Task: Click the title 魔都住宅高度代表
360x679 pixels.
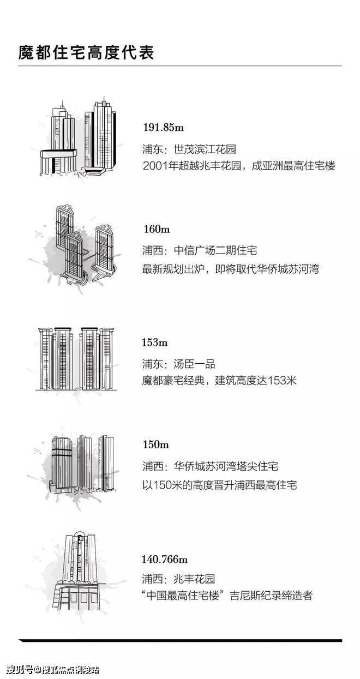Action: point(86,52)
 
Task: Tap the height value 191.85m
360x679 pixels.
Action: point(163,127)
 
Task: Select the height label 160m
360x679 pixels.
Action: point(157,229)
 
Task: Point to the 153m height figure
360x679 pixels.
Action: point(154,342)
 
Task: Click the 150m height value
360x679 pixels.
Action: point(155,444)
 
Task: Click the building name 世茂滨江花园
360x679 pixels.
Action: point(205,149)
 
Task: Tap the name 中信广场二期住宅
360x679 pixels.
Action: point(215,251)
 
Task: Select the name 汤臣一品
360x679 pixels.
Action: point(194,364)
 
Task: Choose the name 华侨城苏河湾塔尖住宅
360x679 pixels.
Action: point(226,466)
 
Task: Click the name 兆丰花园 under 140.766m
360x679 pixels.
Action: point(194,579)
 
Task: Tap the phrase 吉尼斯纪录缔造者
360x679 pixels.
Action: point(271,596)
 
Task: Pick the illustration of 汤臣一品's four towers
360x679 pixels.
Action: point(76,359)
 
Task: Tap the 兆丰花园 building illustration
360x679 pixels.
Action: point(80,570)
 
